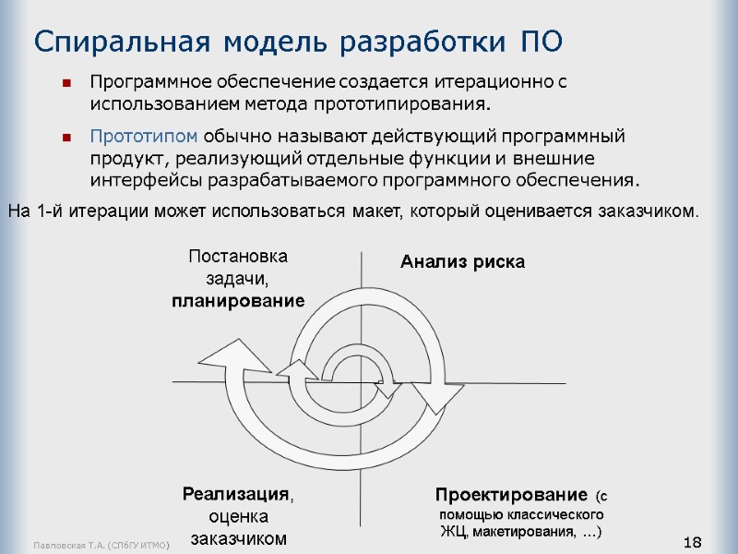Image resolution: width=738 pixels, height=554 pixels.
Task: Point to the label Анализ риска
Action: [x=462, y=262]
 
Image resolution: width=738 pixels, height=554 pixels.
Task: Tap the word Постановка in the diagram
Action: [x=238, y=256]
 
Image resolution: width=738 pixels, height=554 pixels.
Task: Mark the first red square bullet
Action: [x=66, y=83]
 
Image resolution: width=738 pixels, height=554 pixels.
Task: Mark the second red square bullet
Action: [x=66, y=138]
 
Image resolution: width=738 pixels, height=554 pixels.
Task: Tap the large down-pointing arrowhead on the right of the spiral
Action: [x=434, y=394]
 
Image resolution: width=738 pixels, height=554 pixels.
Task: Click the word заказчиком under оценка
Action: [x=239, y=538]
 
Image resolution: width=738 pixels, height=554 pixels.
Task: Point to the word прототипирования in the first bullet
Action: [x=409, y=101]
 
